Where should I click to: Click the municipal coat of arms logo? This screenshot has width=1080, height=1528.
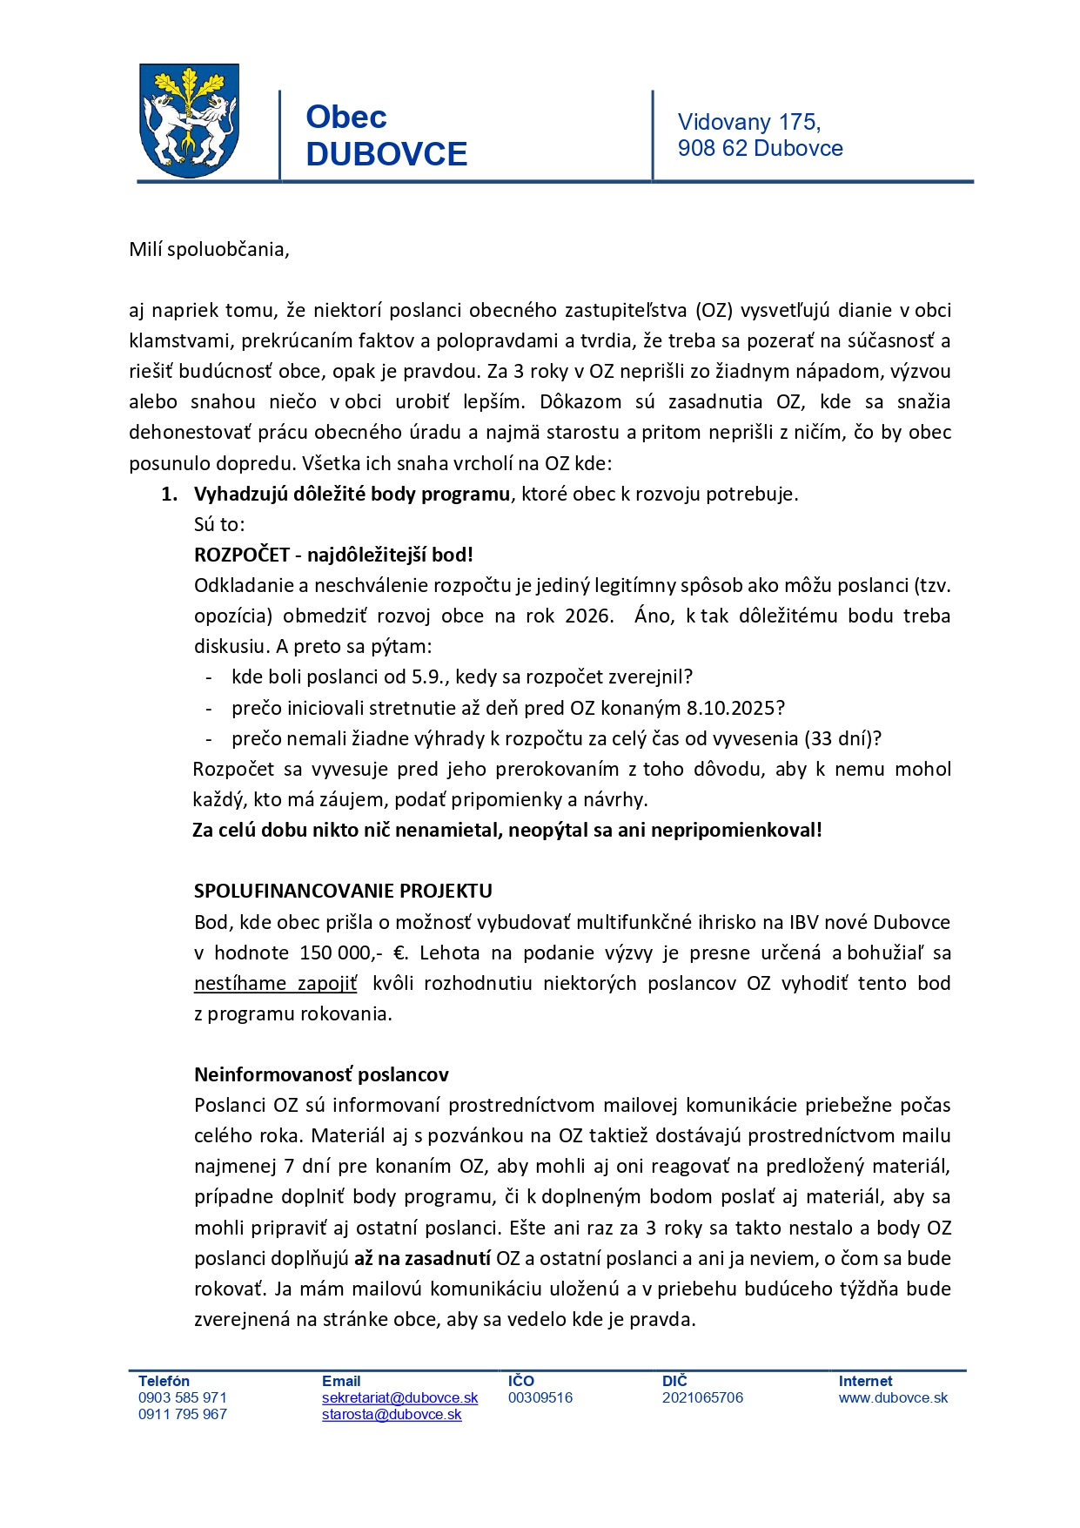pyautogui.click(x=190, y=121)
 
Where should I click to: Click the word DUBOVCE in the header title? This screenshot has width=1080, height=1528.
pyautogui.click(x=386, y=154)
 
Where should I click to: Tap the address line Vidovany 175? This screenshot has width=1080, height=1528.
pyautogui.click(x=748, y=122)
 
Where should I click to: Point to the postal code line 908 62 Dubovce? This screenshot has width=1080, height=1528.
pyautogui.click(x=760, y=148)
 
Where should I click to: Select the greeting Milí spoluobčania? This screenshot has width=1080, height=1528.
pyautogui.click(x=209, y=250)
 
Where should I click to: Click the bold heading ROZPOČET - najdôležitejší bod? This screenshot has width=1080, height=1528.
pyautogui.click(x=333, y=555)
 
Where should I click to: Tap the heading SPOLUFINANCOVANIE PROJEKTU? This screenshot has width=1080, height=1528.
pyautogui.click(x=343, y=891)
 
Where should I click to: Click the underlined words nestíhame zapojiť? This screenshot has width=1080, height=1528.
pyautogui.click(x=275, y=983)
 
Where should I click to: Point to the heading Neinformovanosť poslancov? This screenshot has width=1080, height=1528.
pyautogui.click(x=321, y=1074)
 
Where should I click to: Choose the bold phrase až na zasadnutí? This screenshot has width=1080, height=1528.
pyautogui.click(x=422, y=1258)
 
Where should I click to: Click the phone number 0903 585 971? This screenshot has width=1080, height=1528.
pyautogui.click(x=182, y=1397)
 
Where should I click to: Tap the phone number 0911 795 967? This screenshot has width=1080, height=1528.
pyautogui.click(x=182, y=1414)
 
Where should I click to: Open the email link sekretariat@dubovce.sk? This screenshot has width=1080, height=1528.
pyautogui.click(x=399, y=1397)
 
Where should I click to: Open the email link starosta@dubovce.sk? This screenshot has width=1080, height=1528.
pyautogui.click(x=392, y=1414)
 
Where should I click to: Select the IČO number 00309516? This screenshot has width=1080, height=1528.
pyautogui.click(x=540, y=1397)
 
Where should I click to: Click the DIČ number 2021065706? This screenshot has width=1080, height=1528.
pyautogui.click(x=702, y=1397)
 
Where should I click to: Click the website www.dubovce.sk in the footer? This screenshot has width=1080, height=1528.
pyautogui.click(x=893, y=1397)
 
